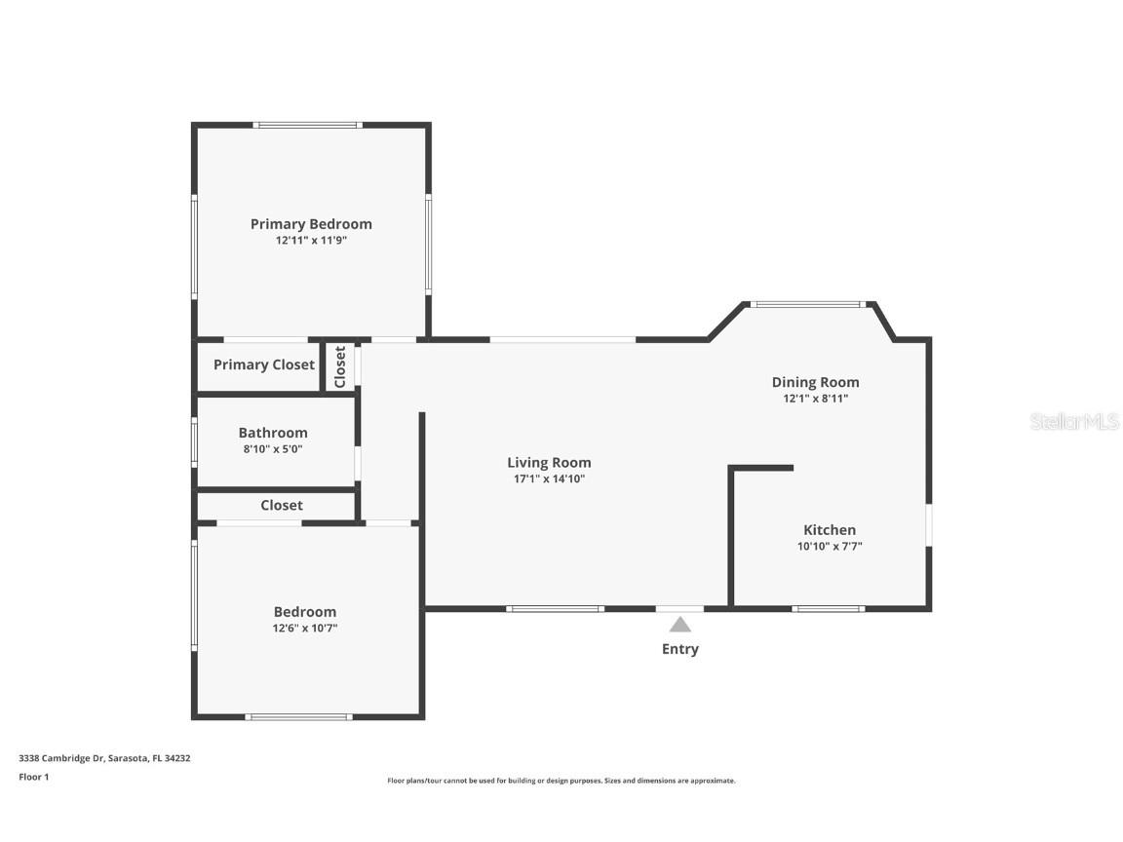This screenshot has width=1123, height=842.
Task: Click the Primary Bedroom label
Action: (311, 224)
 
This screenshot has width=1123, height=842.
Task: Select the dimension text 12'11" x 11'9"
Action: (311, 240)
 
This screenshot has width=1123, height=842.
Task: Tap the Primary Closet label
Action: (264, 365)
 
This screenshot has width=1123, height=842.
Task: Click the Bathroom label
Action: (273, 433)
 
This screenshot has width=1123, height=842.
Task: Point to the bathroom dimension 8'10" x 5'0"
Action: (273, 449)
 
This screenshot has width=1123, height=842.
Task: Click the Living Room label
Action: (549, 463)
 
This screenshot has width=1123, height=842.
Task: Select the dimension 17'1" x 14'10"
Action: (549, 478)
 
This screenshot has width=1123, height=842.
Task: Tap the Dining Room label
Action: (815, 382)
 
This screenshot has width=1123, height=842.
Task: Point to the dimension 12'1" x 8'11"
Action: (815, 399)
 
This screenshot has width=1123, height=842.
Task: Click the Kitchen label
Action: (830, 530)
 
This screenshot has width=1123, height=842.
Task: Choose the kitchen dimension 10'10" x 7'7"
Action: (830, 547)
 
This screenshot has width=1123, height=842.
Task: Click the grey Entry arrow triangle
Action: (680, 625)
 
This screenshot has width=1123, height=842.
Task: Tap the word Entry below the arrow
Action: (680, 649)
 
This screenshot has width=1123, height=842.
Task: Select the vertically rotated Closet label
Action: (340, 367)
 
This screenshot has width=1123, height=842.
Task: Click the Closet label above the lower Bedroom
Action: (282, 506)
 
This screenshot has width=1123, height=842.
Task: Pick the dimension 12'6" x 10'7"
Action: (305, 629)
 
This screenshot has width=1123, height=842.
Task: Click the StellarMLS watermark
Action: (1074, 422)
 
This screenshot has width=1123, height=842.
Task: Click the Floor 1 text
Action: (34, 777)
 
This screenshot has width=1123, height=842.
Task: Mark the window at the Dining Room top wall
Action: (808, 304)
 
